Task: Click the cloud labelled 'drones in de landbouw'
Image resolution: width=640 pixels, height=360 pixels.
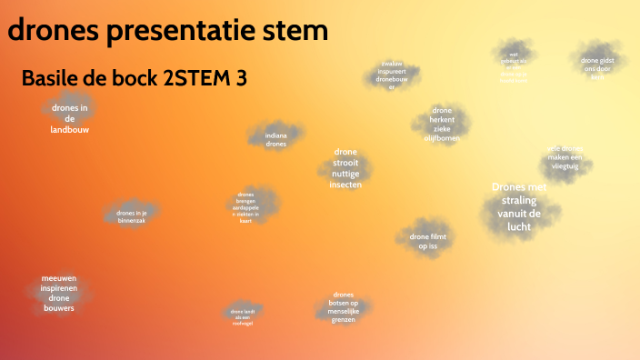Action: [x=70, y=118]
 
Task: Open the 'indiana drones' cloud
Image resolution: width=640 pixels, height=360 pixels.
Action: [x=276, y=139]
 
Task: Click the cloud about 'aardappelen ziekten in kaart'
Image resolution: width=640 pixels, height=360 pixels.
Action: [x=245, y=207]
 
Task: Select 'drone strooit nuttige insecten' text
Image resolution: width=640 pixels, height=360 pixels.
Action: [x=345, y=168]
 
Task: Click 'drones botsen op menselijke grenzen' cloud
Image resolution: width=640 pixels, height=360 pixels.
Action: [x=343, y=307]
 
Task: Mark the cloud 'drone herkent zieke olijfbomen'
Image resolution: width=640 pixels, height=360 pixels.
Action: [x=442, y=125]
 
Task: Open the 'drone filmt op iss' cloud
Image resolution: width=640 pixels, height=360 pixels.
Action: [x=427, y=241]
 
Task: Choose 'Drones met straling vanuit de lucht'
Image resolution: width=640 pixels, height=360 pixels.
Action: [x=520, y=205]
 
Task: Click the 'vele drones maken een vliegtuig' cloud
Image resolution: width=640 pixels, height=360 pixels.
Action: [x=565, y=158]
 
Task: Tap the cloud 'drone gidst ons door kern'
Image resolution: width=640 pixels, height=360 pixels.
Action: [x=597, y=65]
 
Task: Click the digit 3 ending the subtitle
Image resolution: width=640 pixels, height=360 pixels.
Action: [x=241, y=79]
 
